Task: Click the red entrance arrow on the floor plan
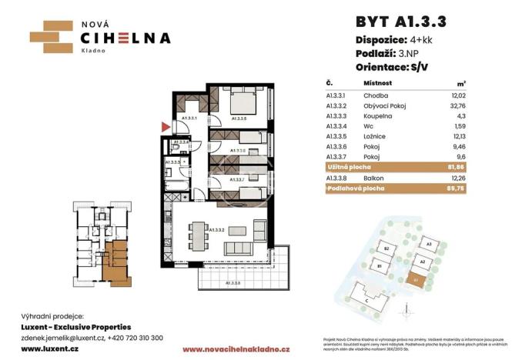pos(163,126)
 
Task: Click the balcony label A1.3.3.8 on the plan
pos(233,284)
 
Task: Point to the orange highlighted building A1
pos(418,280)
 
